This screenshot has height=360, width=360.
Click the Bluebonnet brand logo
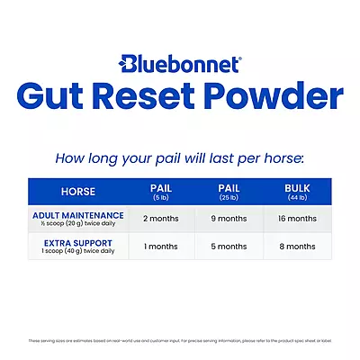pyautogui.click(x=179, y=66)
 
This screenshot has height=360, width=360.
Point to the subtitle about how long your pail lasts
pyautogui.click(x=179, y=158)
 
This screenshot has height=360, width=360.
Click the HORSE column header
pyautogui.click(x=77, y=192)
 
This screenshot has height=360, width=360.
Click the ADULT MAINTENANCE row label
pyautogui.click(x=77, y=215)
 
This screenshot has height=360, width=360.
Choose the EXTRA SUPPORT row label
pyautogui.click(x=77, y=242)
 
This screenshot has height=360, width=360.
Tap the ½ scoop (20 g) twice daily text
pyautogui.click(x=77, y=223)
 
